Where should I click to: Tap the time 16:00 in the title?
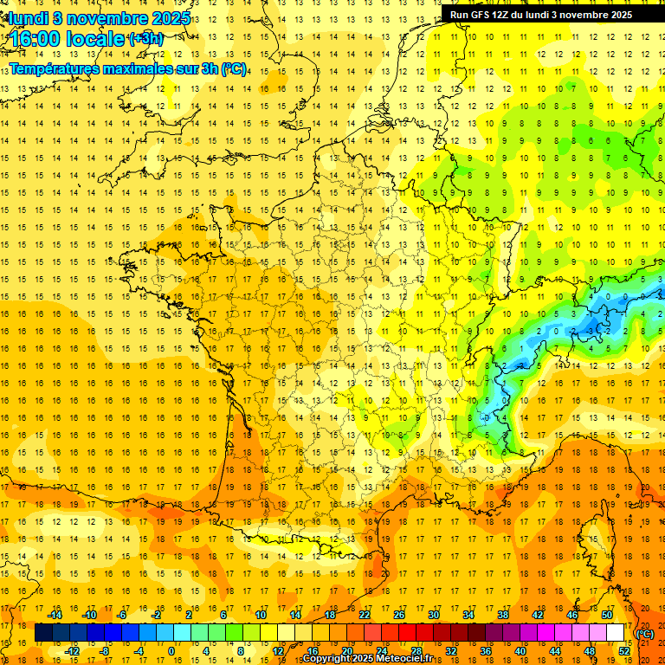pyautogui.click(x=36, y=39)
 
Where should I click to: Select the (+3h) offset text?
pyautogui.click(x=145, y=38)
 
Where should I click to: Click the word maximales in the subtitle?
pyautogui.click(x=139, y=68)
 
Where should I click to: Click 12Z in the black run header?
pyautogui.click(x=507, y=15)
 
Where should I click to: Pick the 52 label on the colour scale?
pyautogui.click(x=624, y=651)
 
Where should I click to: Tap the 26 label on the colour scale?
pyautogui.click(x=399, y=615)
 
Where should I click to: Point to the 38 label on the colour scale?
pyautogui.click(x=502, y=615)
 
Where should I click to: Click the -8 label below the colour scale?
pyautogui.click(x=104, y=651)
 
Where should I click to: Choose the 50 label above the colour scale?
pyautogui.click(x=606, y=615)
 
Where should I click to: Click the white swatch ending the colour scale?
pyautogui.click(x=615, y=633)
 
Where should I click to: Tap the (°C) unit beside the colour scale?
pyautogui.click(x=644, y=633)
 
